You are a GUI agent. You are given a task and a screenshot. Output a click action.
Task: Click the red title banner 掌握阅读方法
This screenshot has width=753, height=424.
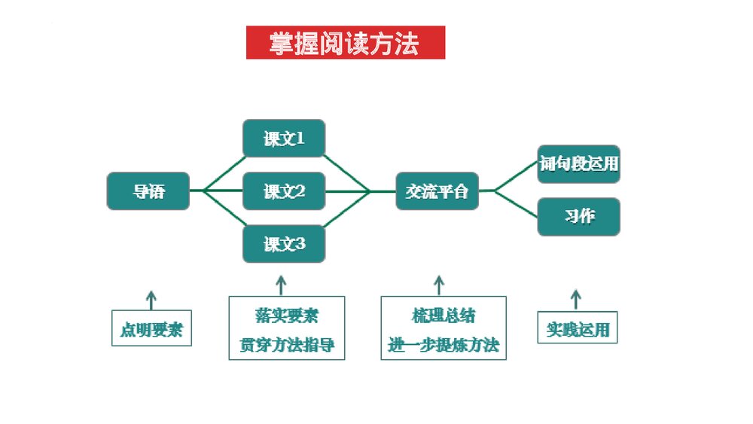[x=345, y=43]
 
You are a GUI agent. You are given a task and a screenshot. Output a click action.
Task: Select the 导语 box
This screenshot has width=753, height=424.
[x=148, y=191]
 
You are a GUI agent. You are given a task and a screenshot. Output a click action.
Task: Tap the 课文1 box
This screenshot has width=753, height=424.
[x=284, y=139]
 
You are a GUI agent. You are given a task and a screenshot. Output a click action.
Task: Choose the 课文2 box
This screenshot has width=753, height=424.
[x=284, y=191]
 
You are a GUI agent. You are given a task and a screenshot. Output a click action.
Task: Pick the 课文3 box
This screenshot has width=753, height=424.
[x=284, y=244]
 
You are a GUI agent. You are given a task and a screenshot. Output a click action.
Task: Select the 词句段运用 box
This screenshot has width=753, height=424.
[x=578, y=164]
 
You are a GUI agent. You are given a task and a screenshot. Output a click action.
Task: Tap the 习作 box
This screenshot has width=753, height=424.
[x=578, y=216]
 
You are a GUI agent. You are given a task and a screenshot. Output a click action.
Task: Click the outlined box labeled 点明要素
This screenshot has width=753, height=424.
[x=151, y=329]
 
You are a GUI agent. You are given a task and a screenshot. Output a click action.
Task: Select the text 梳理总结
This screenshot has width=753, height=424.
[x=443, y=315]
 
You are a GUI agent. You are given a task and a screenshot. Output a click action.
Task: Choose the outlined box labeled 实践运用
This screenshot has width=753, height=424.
[x=578, y=328]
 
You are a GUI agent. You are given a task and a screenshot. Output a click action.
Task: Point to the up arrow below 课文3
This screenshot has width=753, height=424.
[x=282, y=285]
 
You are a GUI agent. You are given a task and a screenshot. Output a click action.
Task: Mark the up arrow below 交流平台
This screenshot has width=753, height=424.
[x=439, y=285]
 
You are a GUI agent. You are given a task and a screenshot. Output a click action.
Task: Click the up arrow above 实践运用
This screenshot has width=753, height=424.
[x=576, y=299]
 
